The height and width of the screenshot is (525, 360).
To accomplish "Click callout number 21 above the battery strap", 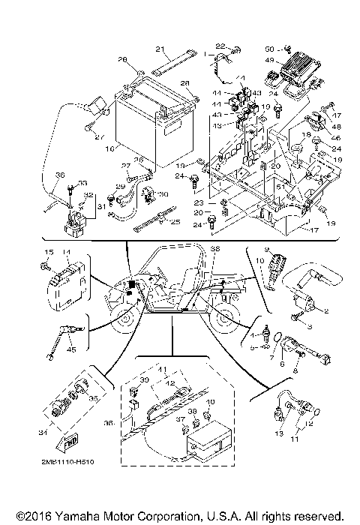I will [x=160, y=49].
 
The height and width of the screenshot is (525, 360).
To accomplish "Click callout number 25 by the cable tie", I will [x=175, y=222].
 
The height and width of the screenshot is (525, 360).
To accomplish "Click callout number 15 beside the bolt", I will [x=43, y=252].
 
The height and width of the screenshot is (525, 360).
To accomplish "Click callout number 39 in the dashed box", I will [x=145, y=380].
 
